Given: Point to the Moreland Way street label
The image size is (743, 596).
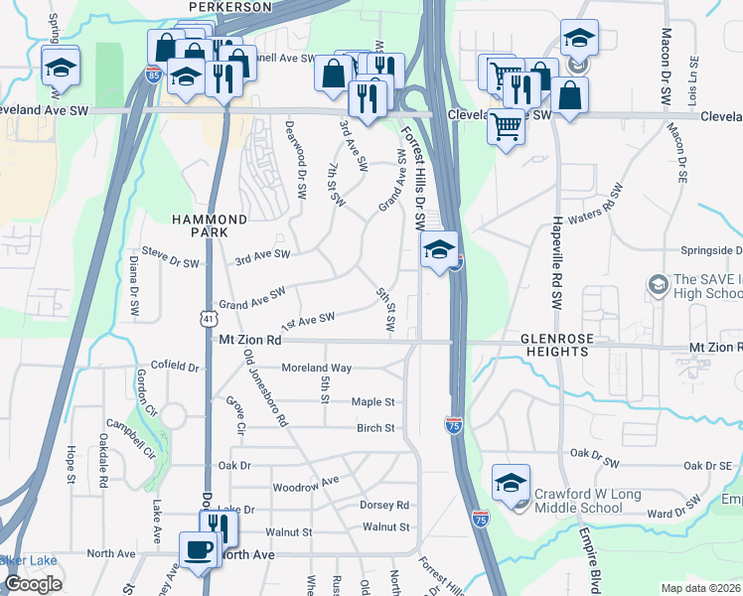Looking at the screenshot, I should pyautogui.click(x=317, y=368).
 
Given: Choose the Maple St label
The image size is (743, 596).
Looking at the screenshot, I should pyautogui.click(x=373, y=402).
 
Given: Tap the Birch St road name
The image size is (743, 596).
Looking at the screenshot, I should pyautogui.click(x=375, y=428).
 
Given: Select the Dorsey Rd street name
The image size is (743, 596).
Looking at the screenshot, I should pyautogui.click(x=384, y=505).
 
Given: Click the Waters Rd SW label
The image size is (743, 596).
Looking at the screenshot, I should pyautogui.click(x=596, y=204).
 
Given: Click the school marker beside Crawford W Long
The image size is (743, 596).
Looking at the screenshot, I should pyautogui.click(x=511, y=484).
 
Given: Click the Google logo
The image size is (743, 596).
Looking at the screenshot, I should pyautogui.click(x=33, y=584).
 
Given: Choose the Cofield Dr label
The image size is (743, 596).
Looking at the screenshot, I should pyautogui.click(x=175, y=367).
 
